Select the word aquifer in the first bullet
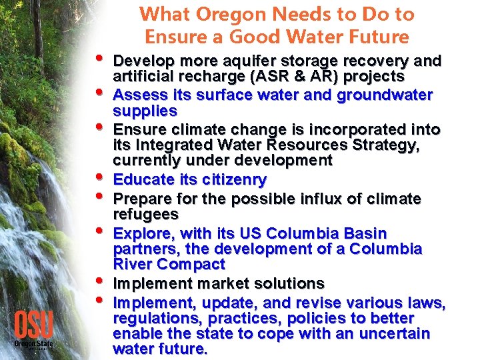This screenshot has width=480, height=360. point(241,61)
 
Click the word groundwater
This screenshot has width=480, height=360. point(385,95)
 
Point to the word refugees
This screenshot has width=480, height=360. point(146,214)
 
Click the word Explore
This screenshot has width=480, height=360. point(143,233)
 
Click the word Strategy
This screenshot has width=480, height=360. point(387,145)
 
